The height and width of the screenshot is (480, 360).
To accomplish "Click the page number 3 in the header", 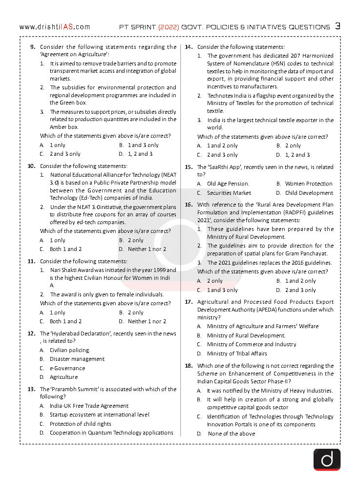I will tap(338, 26).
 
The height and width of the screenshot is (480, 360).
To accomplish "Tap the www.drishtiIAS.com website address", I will tap(55, 27).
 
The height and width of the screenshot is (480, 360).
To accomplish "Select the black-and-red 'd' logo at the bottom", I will tap(326, 459).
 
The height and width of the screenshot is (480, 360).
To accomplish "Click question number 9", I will tap(33, 47).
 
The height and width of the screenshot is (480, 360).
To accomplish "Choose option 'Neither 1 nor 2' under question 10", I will tap(147, 249).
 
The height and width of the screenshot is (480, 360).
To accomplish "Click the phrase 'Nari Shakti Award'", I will tap(73, 270).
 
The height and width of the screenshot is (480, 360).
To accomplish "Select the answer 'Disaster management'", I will tap(77, 359).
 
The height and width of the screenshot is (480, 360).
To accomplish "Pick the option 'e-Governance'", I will tap(67, 368).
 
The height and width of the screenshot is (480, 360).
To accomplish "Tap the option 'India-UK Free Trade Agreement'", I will tap(89, 406).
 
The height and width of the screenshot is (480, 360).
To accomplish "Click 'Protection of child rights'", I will tap(80, 424).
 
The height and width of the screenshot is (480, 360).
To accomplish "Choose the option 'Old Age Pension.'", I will tap(228, 184).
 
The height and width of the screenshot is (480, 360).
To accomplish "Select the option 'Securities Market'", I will tap(229, 193).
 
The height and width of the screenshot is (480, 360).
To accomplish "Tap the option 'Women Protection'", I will tap(309, 184).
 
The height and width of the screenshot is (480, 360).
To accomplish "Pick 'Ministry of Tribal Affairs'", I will tap(237, 354).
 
